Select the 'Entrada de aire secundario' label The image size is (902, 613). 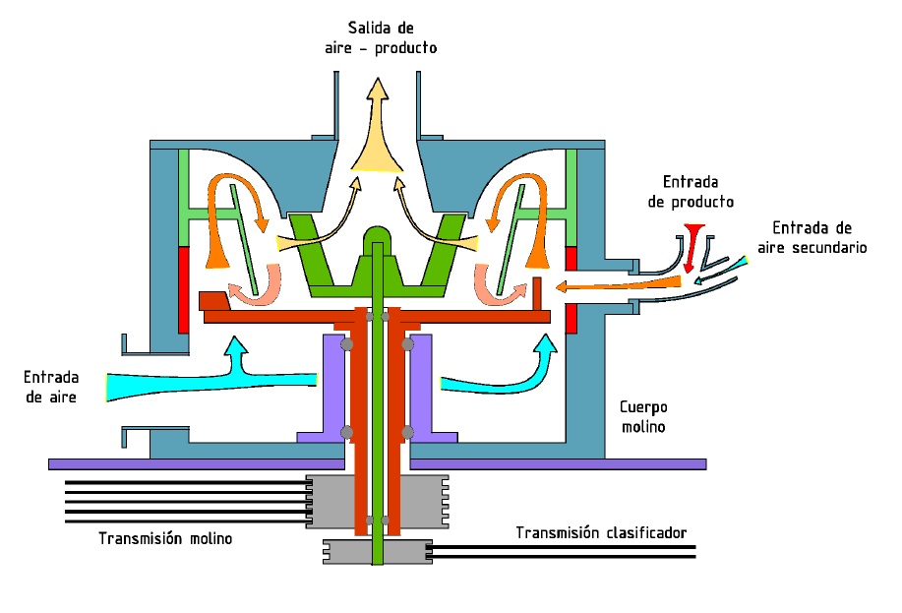click(x=819, y=238)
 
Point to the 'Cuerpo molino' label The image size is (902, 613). click(x=642, y=416)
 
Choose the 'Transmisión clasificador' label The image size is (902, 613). click(x=601, y=532)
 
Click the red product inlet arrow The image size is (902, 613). click(x=693, y=246)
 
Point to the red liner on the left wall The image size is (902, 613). click(x=183, y=289)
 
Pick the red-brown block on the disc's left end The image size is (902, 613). click(x=213, y=299)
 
